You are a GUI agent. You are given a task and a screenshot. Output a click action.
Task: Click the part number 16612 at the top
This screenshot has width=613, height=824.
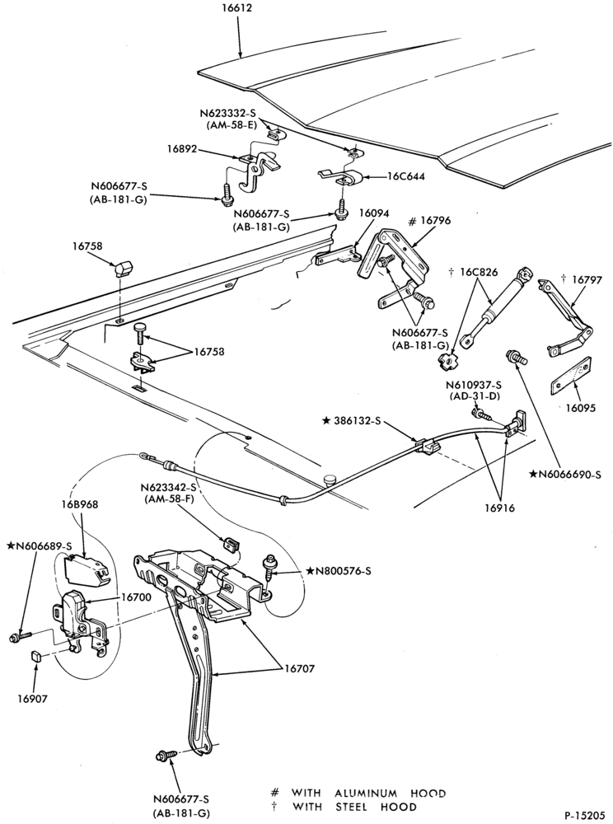coord(236,8)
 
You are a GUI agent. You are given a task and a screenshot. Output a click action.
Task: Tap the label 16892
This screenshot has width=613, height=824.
coord(182,149)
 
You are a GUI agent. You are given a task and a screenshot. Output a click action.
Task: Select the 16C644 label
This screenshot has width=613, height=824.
coord(406,176)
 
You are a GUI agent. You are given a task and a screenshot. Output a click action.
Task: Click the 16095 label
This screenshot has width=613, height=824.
coord(581,407)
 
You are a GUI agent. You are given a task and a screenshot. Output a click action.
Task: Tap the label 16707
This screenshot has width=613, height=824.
coord(299,668)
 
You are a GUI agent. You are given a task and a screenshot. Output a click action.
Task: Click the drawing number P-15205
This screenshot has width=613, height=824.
coord(586,815)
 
